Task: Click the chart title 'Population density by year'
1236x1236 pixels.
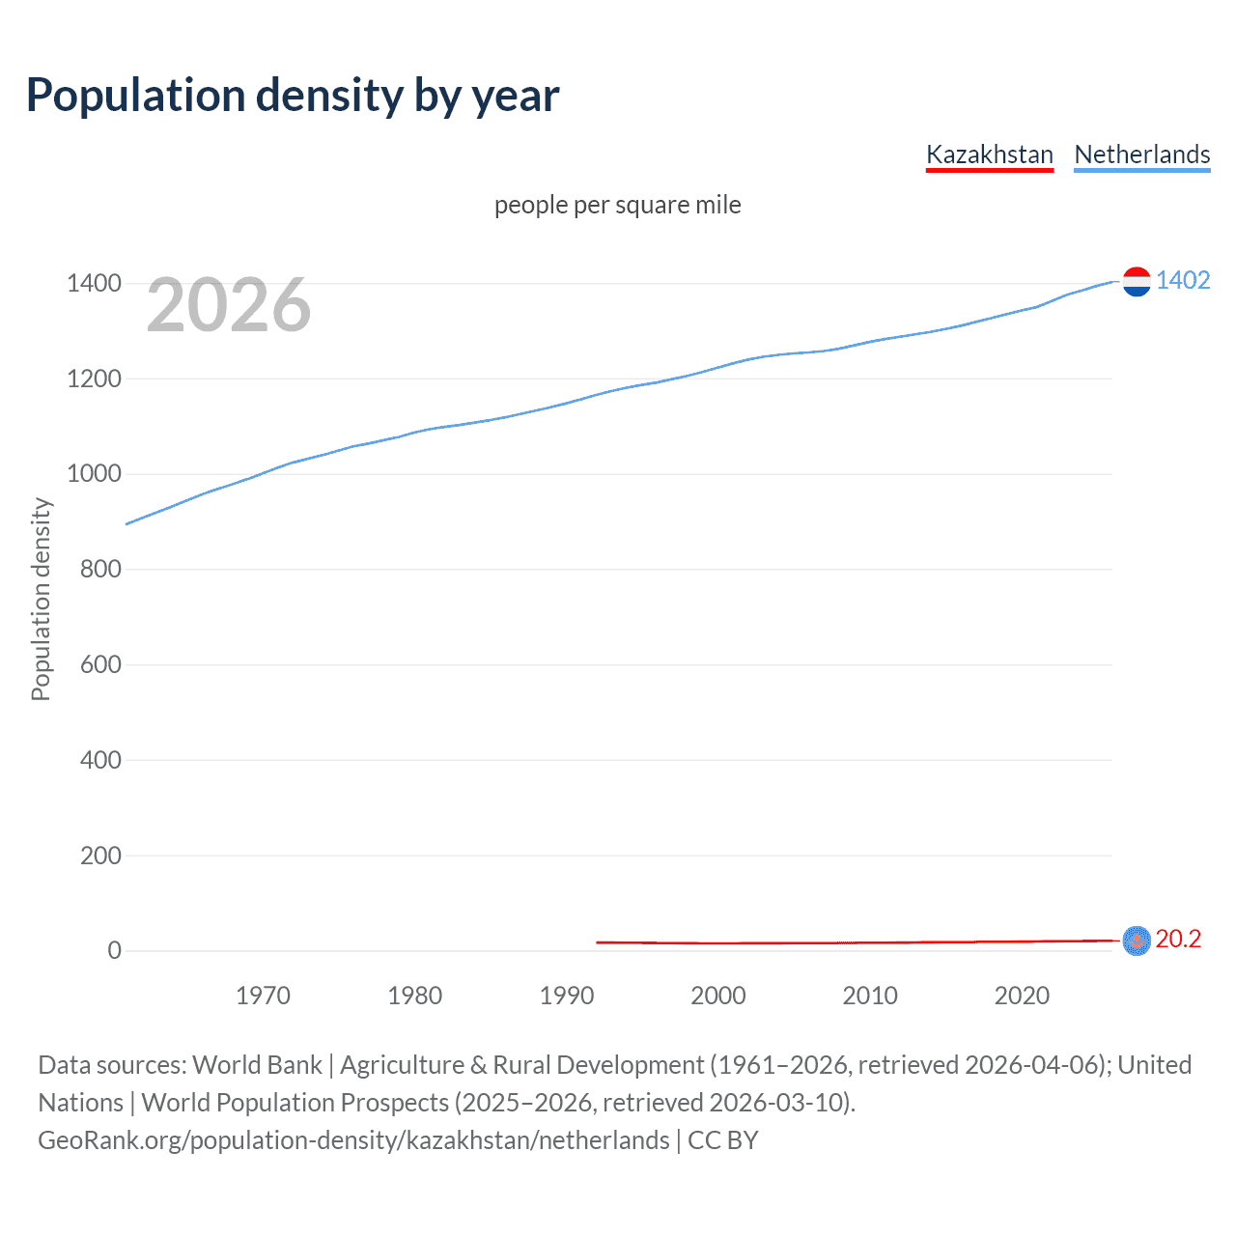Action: (x=293, y=96)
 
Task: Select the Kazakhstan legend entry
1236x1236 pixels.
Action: (x=989, y=154)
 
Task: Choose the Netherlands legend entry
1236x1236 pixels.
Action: (x=1141, y=154)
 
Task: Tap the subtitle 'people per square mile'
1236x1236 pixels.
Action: (x=617, y=205)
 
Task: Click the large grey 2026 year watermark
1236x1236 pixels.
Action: (x=229, y=305)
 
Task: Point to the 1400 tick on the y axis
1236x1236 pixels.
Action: (x=94, y=283)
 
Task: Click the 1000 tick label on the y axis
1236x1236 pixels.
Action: (x=94, y=473)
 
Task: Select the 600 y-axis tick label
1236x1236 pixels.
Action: (x=100, y=664)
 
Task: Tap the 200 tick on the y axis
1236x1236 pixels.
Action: (x=100, y=855)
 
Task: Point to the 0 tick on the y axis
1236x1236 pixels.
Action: (x=114, y=950)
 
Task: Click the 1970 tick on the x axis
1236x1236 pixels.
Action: (x=263, y=996)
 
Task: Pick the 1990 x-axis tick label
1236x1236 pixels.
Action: (x=567, y=996)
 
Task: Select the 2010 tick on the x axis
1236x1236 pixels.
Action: (x=870, y=996)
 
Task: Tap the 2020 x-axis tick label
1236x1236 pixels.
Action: (x=1022, y=996)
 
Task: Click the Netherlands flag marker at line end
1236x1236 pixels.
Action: (x=1137, y=281)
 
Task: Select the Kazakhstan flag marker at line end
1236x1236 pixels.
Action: (x=1137, y=940)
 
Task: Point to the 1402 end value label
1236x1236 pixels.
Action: (x=1183, y=280)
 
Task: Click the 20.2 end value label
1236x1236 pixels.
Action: (x=1178, y=939)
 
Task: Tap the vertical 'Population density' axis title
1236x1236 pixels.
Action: (x=41, y=599)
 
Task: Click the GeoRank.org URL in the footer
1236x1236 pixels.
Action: (x=353, y=1140)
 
